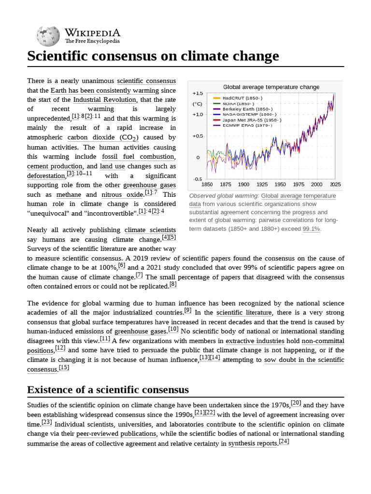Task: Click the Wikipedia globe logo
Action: [x=47, y=36]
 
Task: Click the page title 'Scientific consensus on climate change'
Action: [x=153, y=56]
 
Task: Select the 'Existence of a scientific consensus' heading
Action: [x=108, y=389]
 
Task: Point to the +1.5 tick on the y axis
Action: [x=198, y=93]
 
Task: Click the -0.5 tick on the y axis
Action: [x=198, y=179]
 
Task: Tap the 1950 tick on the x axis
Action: [x=280, y=184]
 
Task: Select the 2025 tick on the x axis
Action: [x=335, y=184]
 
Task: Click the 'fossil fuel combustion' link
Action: [x=138, y=157]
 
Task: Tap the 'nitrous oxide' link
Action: [x=122, y=195]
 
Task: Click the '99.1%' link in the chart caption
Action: [x=311, y=229]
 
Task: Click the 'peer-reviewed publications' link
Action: [x=116, y=434]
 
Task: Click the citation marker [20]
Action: [x=296, y=403]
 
